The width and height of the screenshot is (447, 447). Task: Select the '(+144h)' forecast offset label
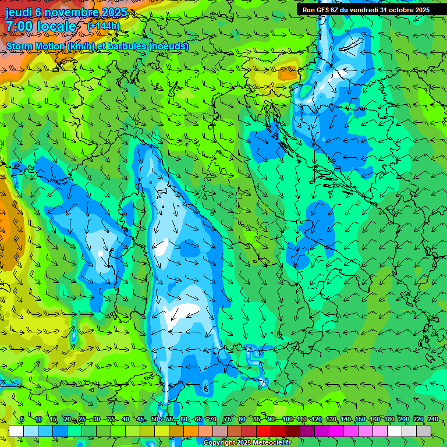pos(104,26)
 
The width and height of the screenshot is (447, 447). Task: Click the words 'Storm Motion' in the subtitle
pos(36,46)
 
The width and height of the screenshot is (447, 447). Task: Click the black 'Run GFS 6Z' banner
pos(366,10)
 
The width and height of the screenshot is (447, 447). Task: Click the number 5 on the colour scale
pos(22,420)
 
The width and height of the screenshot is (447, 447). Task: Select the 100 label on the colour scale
pos(288,420)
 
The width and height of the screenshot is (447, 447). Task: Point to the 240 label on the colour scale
pos(433,420)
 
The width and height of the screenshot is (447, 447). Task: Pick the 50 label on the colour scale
pos(155,420)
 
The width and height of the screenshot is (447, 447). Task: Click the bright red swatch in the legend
pos(264,431)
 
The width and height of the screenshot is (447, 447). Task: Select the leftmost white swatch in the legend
pos(16,431)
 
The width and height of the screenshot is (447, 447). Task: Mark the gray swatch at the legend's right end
pos(424,431)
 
